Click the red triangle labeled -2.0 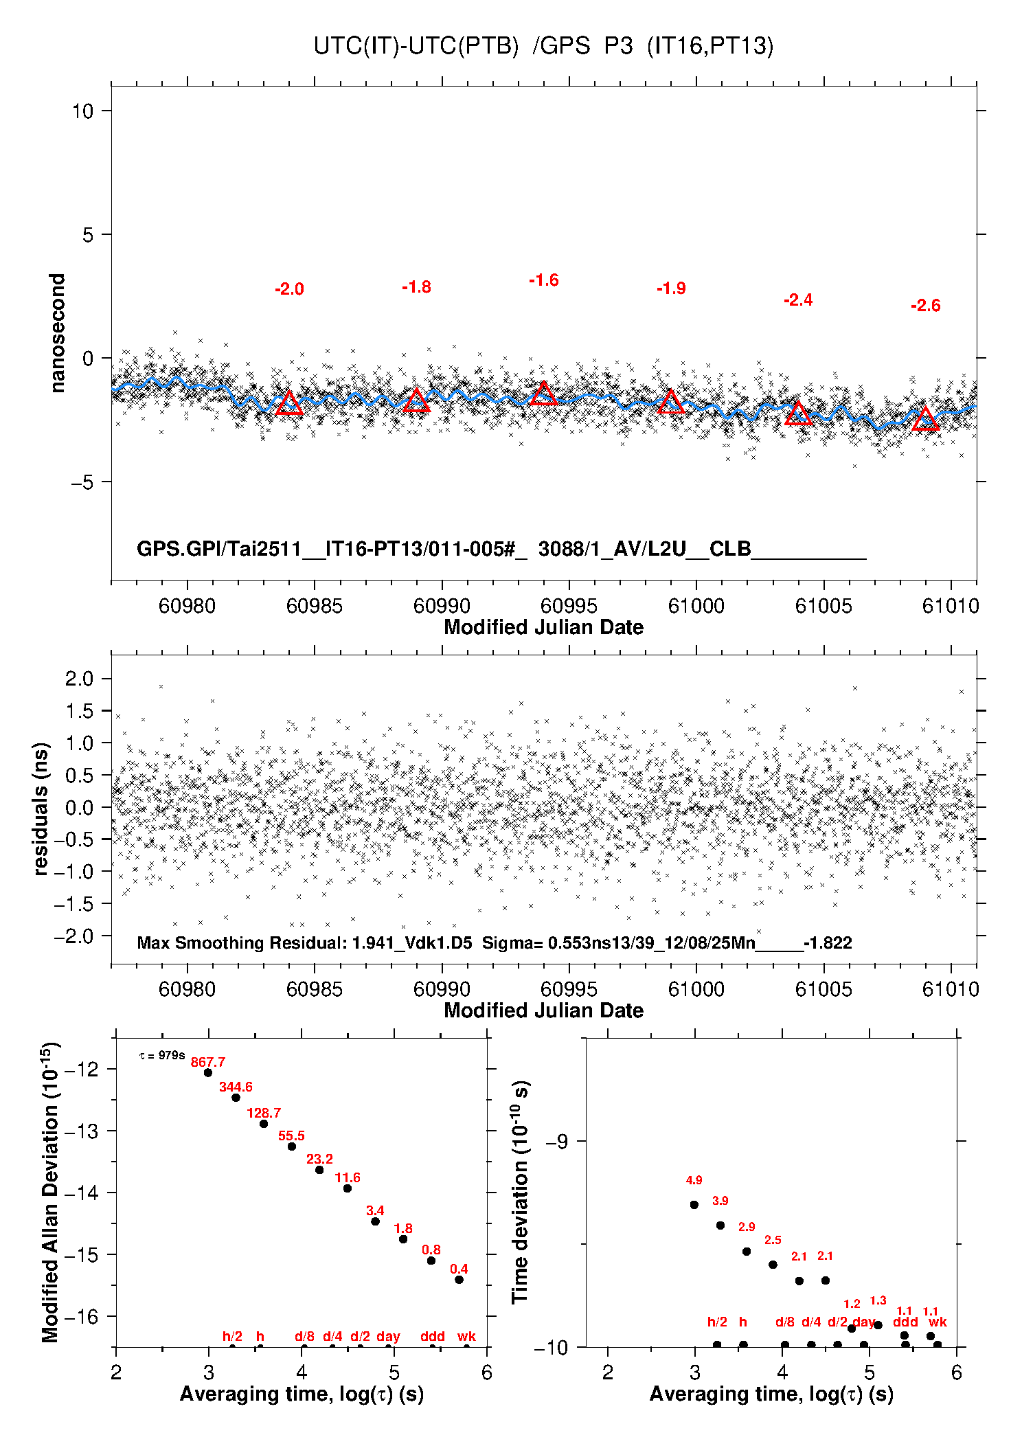289,403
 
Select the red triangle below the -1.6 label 543,394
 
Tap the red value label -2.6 925,306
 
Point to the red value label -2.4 798,300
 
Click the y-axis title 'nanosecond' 58,332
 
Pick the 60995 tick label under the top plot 569,606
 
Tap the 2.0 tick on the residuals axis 79,679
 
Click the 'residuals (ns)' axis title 41,809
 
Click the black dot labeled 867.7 208,1072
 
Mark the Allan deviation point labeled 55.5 292,1146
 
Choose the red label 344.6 236,1087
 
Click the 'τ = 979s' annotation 162,1055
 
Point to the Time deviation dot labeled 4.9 694,1204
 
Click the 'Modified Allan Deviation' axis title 50,1192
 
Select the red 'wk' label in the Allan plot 466,1336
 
